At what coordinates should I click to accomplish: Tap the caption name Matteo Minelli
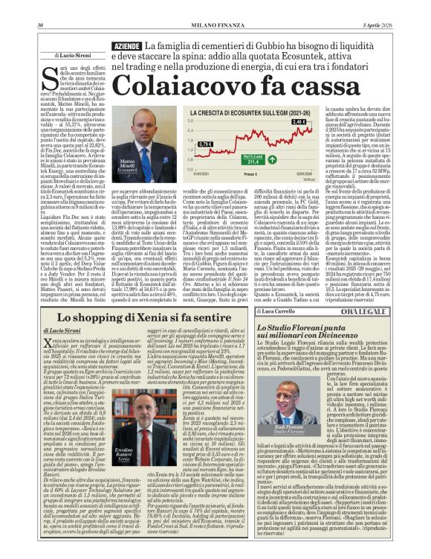pyautogui.click(x=127, y=162)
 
